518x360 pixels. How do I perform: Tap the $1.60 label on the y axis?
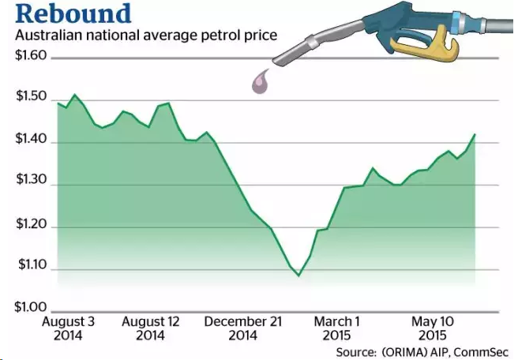(31, 58)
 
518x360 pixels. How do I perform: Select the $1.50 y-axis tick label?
(31, 98)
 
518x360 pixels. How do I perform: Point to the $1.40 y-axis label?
(31, 141)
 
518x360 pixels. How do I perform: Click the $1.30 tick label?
(31, 184)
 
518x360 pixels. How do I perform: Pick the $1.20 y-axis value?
(31, 227)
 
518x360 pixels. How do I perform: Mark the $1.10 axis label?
(31, 269)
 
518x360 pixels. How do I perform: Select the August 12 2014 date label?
(149, 329)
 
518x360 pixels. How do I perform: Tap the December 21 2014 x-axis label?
(242, 329)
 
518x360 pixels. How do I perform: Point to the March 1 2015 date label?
(336, 329)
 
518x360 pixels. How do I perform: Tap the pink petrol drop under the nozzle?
(260, 81)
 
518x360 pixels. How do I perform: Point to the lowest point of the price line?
(298, 276)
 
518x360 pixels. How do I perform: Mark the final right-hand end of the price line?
(475, 134)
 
